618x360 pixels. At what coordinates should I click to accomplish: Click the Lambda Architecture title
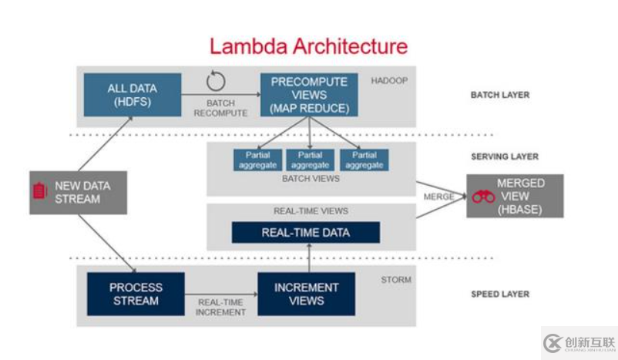tap(308, 46)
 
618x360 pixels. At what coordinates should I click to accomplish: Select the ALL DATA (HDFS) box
tap(132, 94)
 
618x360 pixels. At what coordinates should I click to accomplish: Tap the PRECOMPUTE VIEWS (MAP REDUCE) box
tap(309, 94)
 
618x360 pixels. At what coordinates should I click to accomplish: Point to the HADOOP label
tap(390, 81)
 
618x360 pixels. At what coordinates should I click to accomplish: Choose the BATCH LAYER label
tap(500, 96)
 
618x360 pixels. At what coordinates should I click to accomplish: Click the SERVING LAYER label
tap(505, 156)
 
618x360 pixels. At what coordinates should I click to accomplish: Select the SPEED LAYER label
tap(500, 294)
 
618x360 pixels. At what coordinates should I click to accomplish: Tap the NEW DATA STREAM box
tap(77, 192)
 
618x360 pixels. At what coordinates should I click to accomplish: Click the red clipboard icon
tap(39, 191)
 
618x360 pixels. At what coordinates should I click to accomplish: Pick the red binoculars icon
tap(483, 197)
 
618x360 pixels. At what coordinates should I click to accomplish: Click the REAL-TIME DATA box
tap(305, 233)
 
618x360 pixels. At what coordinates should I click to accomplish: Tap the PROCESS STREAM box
tap(136, 294)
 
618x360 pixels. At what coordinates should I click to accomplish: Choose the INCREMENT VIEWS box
tap(306, 294)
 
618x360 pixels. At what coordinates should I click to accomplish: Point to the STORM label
tap(397, 280)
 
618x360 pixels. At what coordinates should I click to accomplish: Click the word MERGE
tap(438, 197)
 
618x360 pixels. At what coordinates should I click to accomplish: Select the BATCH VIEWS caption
tap(311, 179)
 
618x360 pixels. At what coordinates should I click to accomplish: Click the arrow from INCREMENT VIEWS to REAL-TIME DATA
tap(307, 258)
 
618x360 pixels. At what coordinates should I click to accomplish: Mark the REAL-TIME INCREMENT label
tap(221, 308)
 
